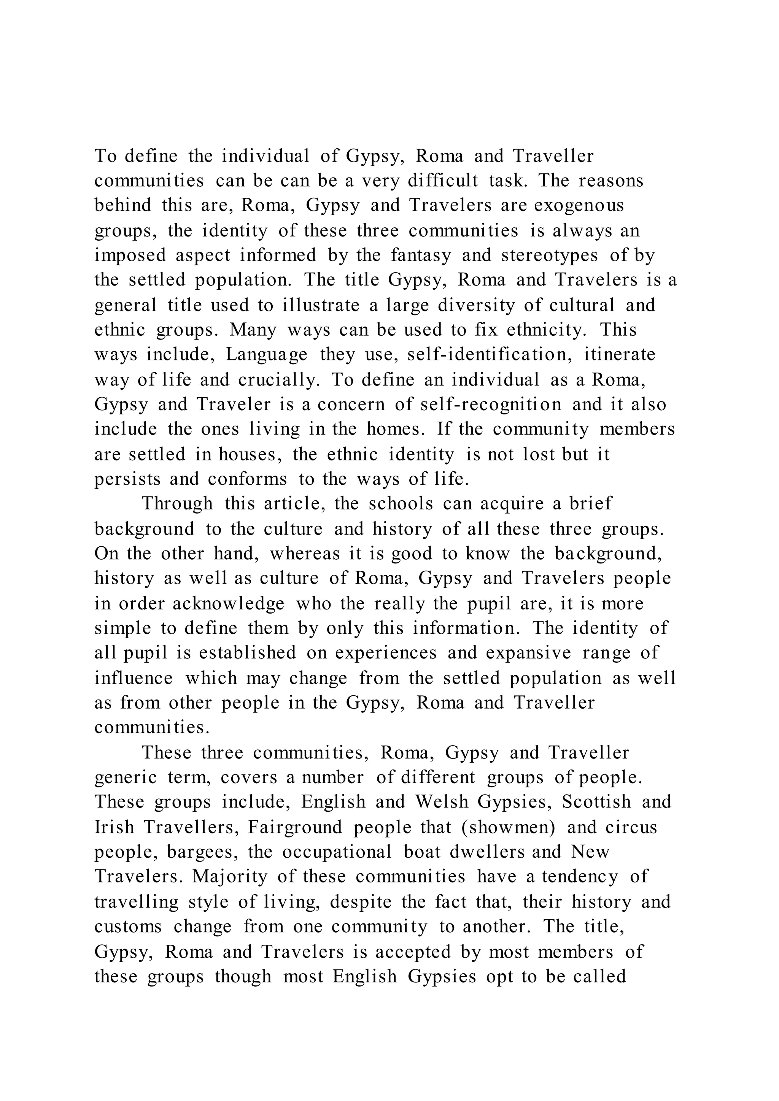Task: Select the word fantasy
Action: click(421, 255)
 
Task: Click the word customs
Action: click(128, 926)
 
